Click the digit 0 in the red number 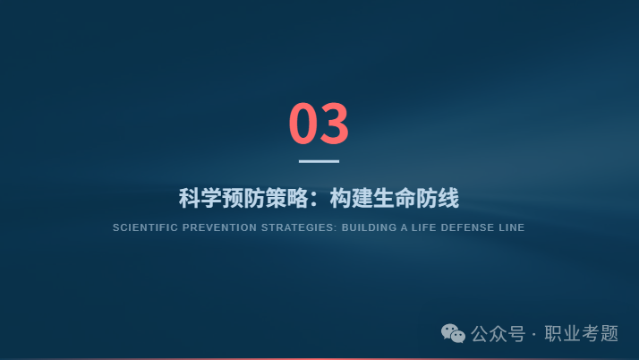pos(303,123)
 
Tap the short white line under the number pos(319,161)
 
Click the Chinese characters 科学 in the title pos(200,198)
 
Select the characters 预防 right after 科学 pos(243,198)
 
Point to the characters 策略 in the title pos(286,198)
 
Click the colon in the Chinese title pos(315,199)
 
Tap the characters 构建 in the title pos(351,198)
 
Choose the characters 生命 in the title pos(394,198)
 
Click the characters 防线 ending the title pos(438,198)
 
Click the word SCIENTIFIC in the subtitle pos(144,227)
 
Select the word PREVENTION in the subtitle pos(219,227)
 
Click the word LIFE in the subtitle pos(424,227)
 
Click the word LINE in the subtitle pos(512,227)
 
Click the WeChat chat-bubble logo pos(453,333)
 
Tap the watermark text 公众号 pos(498,334)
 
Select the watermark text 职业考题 pos(582,334)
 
